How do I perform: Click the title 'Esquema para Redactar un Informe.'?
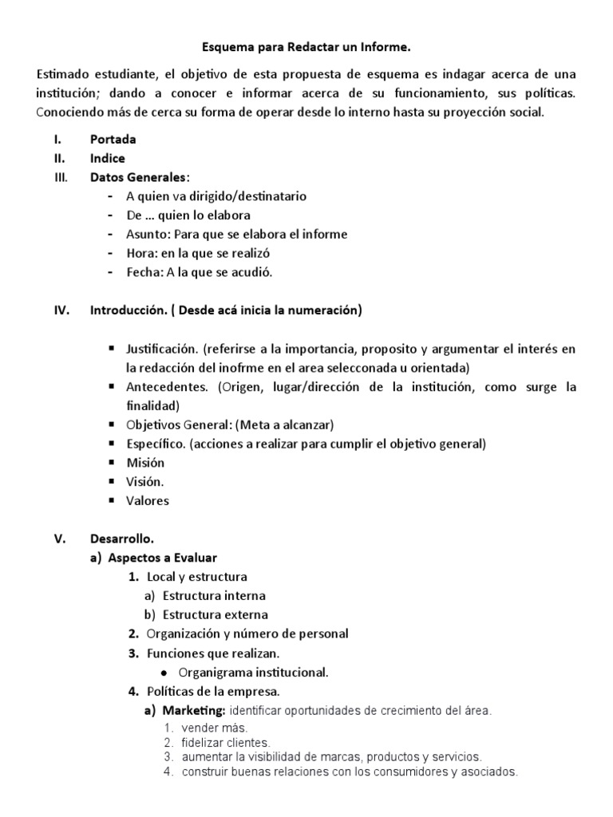pos(306,49)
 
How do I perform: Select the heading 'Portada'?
pos(113,139)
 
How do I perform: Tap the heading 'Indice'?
pos(108,158)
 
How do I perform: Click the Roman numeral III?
pos(60,176)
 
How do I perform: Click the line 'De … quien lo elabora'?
pos(188,215)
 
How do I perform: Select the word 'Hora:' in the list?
pos(141,253)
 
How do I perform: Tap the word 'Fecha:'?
pos(144,272)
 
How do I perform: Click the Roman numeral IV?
pos(61,310)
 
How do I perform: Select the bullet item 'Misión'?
pos(145,463)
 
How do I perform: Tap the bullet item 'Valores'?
pos(148,501)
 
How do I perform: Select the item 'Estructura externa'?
pos(215,614)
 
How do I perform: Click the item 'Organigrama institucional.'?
pos(253,672)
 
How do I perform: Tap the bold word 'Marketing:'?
pos(195,710)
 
